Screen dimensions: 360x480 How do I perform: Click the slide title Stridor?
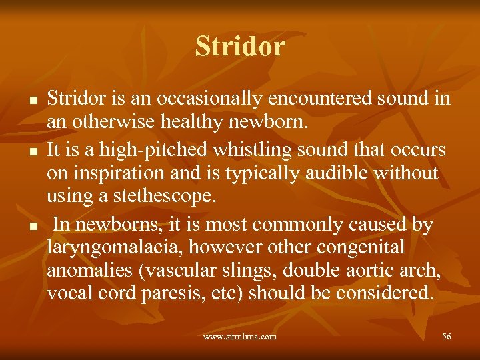click(x=240, y=47)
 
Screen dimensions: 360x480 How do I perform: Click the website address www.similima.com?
click(x=240, y=337)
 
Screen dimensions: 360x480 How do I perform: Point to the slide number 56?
click(x=446, y=337)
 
